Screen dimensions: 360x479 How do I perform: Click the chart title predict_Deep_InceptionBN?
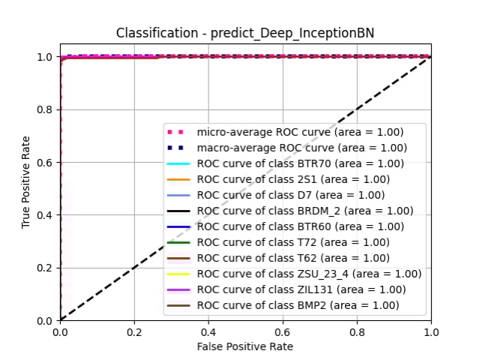pyautogui.click(x=244, y=34)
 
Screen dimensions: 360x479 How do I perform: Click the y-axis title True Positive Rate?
pyautogui.click(x=26, y=181)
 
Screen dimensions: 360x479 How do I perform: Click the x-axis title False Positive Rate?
pyautogui.click(x=245, y=346)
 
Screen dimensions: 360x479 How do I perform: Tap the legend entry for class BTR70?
pyautogui.click(x=293, y=163)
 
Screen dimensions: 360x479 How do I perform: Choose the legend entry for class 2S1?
pyautogui.click(x=293, y=179)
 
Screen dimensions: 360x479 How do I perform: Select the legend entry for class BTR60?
pyautogui.click(x=293, y=226)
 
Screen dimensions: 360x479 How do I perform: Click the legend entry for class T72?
pyautogui.click(x=293, y=242)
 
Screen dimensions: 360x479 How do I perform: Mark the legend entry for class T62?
pyautogui.click(x=293, y=258)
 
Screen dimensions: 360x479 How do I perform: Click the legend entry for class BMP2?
pyautogui.click(x=293, y=305)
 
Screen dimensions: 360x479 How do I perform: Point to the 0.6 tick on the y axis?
pyautogui.click(x=45, y=162)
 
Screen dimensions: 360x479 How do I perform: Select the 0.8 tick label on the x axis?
pyautogui.click(x=357, y=331)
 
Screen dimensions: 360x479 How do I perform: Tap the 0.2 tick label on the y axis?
pyautogui.click(x=45, y=268)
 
